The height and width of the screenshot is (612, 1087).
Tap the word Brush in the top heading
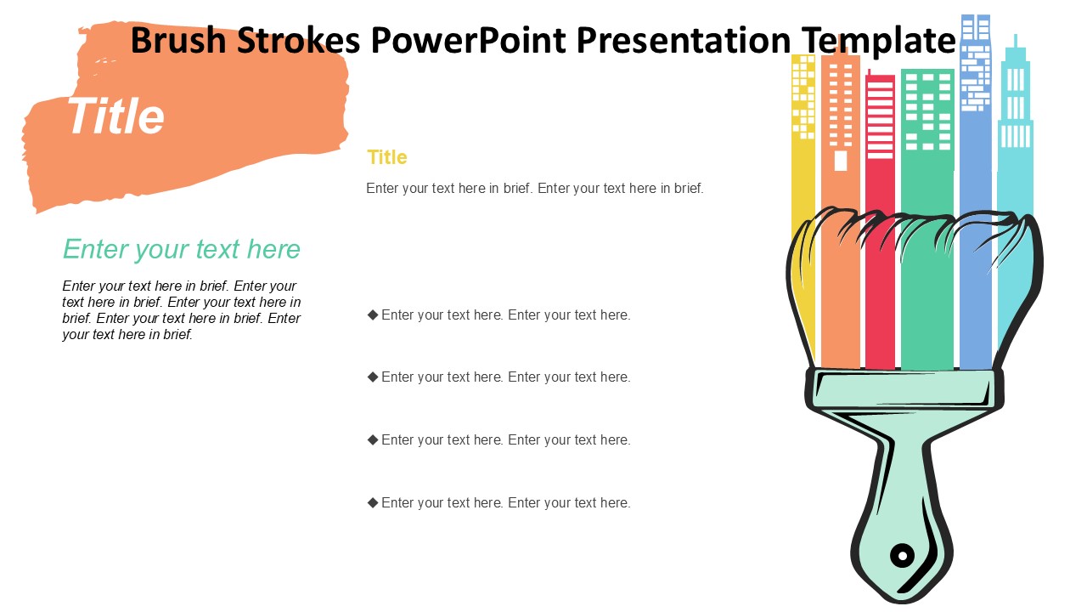[178, 40]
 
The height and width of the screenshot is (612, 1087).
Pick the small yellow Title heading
[386, 157]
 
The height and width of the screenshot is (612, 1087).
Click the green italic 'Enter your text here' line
[182, 249]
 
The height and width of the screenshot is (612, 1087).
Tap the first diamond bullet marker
[373, 314]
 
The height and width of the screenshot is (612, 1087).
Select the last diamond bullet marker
[373, 502]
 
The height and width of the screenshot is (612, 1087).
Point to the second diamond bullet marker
[373, 377]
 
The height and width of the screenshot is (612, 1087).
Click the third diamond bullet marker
[373, 439]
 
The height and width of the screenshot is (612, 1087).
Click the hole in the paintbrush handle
[902, 555]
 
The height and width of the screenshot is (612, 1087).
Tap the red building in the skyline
[880, 218]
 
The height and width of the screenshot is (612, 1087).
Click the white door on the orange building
[841, 161]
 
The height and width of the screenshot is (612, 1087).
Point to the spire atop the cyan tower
[1015, 41]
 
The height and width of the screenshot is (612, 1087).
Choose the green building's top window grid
[928, 111]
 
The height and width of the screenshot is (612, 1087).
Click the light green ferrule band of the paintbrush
[904, 389]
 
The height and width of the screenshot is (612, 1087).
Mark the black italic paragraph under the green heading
[182, 310]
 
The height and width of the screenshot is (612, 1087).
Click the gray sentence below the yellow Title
[535, 188]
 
